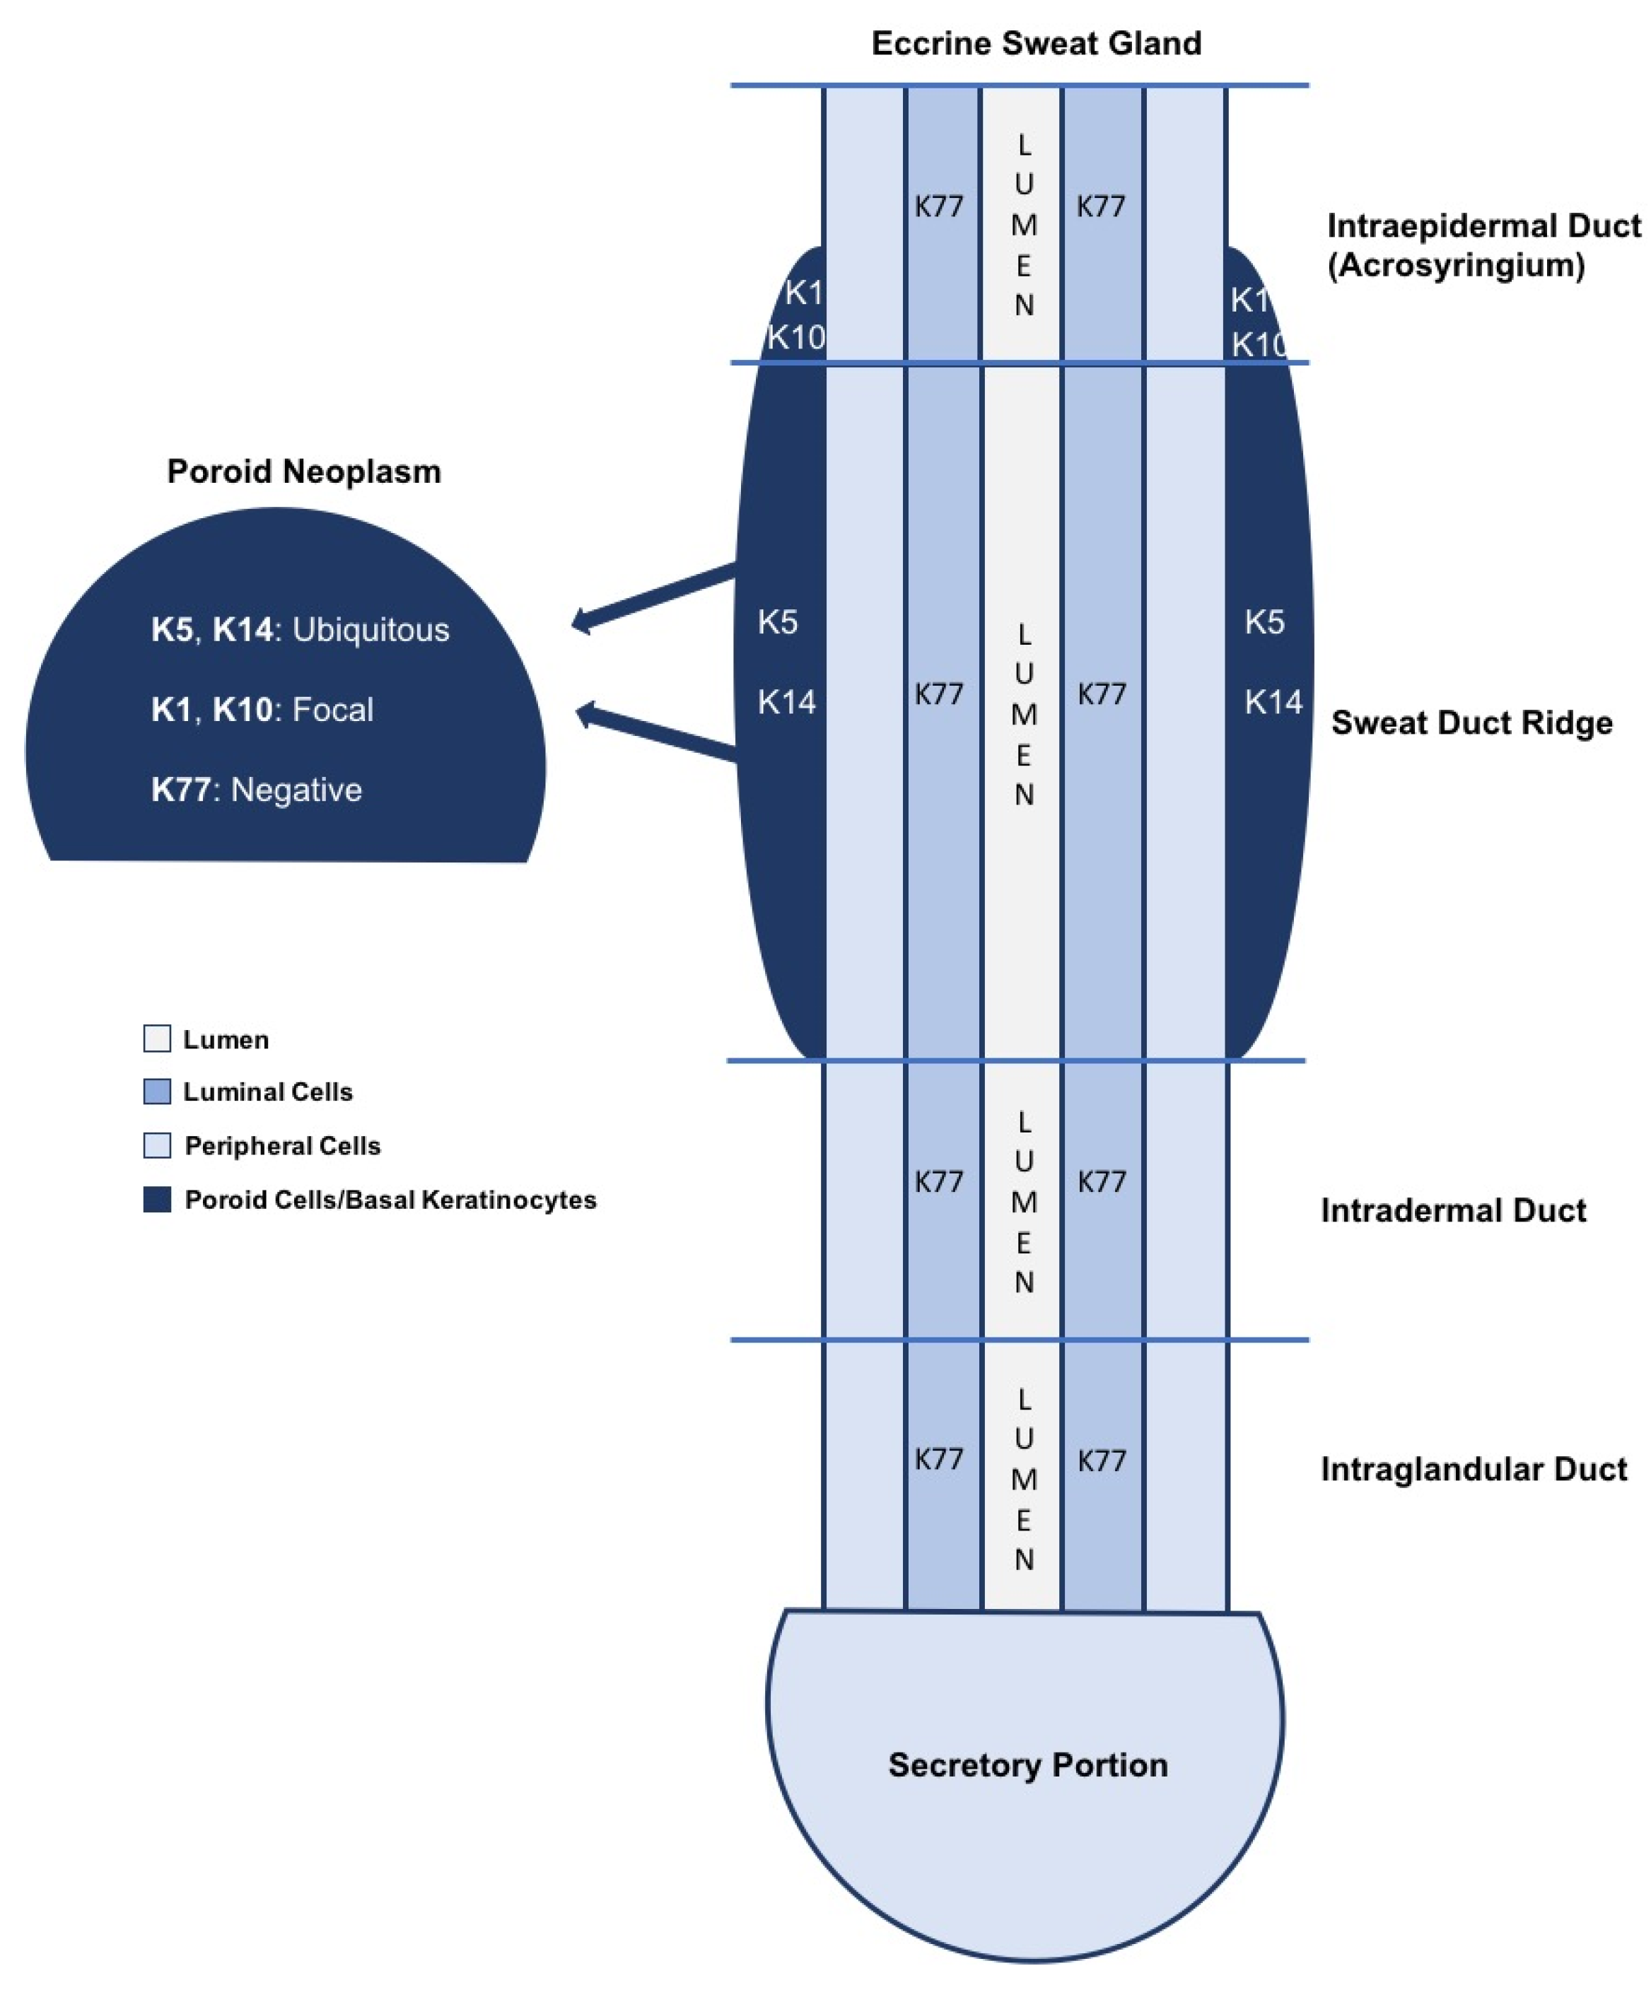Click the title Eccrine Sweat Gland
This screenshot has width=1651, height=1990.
1035,44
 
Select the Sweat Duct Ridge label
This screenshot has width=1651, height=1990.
1471,723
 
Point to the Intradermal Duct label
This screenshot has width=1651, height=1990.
1452,1210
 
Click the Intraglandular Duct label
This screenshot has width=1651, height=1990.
1473,1469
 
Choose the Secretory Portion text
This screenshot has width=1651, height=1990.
1027,1764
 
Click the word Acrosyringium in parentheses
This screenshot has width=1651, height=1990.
1456,265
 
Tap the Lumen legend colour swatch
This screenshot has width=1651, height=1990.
158,1038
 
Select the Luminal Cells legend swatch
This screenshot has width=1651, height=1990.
158,1091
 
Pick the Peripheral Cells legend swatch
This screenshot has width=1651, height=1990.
158,1145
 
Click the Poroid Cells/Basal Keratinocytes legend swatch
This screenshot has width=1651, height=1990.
158,1199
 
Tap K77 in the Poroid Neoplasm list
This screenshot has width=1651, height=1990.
180,790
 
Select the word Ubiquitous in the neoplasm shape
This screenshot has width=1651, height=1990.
371,630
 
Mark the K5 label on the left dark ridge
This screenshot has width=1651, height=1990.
777,623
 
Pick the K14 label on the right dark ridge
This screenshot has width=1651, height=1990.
1272,702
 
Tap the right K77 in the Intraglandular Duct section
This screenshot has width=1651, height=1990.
1102,1461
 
